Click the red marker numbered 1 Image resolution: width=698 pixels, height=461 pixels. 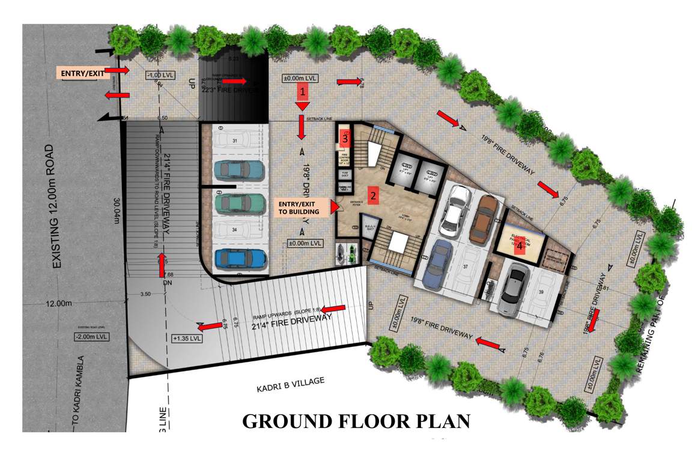click(303, 92)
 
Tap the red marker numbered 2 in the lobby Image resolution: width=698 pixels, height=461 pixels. click(373, 195)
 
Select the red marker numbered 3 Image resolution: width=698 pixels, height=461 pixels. click(345, 137)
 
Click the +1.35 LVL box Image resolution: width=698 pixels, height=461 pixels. click(187, 338)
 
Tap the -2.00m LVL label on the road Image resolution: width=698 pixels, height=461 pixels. click(89, 337)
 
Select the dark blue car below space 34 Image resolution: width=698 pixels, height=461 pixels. click(240, 258)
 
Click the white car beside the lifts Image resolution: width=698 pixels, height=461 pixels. click(455, 210)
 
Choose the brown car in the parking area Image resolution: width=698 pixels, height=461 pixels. click(483, 218)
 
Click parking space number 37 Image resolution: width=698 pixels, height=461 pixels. click(464, 267)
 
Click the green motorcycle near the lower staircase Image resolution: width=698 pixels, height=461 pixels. click(345, 252)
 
